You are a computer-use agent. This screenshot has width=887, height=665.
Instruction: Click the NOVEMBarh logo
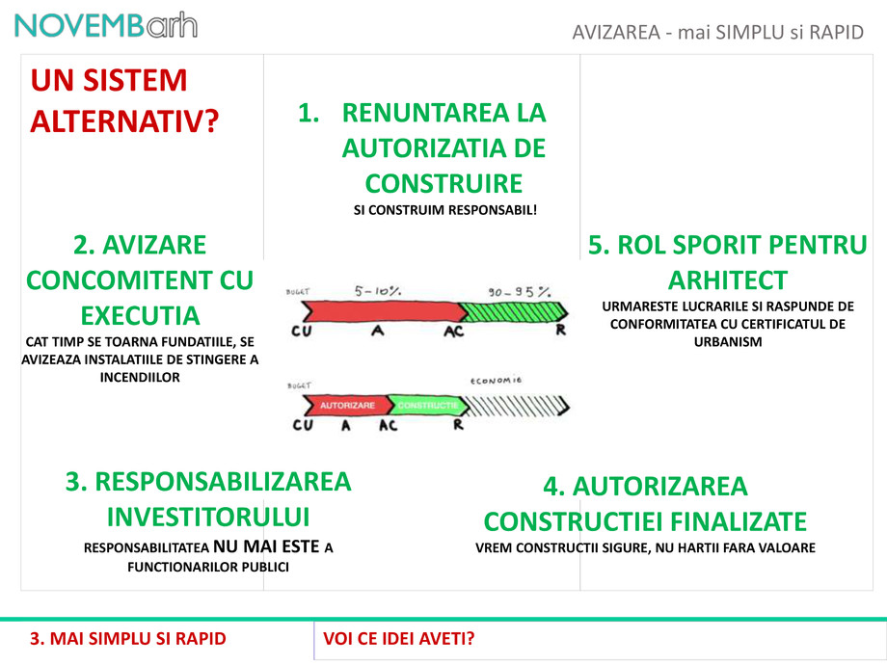[106, 25]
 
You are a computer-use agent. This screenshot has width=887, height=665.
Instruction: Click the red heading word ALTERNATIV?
[124, 120]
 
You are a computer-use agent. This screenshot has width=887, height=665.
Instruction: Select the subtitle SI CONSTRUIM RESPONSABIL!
[444, 209]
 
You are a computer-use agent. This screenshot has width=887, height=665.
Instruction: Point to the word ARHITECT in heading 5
[727, 279]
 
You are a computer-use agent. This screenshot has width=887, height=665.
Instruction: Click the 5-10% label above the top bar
[378, 289]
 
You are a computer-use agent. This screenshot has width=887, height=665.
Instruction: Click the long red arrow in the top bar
[381, 311]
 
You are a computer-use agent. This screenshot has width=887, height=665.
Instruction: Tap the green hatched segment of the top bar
[508, 311]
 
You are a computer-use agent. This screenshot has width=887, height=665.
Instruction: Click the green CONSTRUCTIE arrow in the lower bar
[425, 405]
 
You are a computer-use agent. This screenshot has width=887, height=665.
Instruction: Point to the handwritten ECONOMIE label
[497, 380]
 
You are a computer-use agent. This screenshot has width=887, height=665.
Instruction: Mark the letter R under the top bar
[561, 332]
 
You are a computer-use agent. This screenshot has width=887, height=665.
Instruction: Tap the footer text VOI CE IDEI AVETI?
[399, 638]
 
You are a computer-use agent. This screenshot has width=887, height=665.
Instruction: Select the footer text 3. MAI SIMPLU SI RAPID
[128, 638]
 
